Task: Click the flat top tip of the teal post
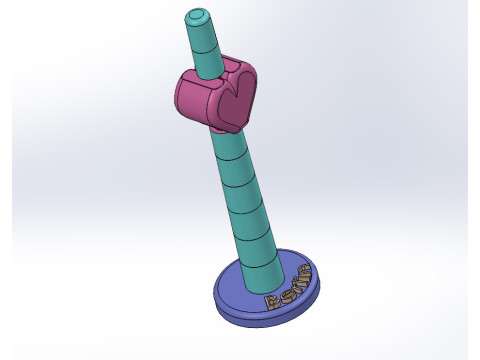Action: [197, 15]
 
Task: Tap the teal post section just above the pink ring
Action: [205, 56]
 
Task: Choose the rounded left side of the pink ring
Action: [184, 97]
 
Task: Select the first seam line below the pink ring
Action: [229, 159]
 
